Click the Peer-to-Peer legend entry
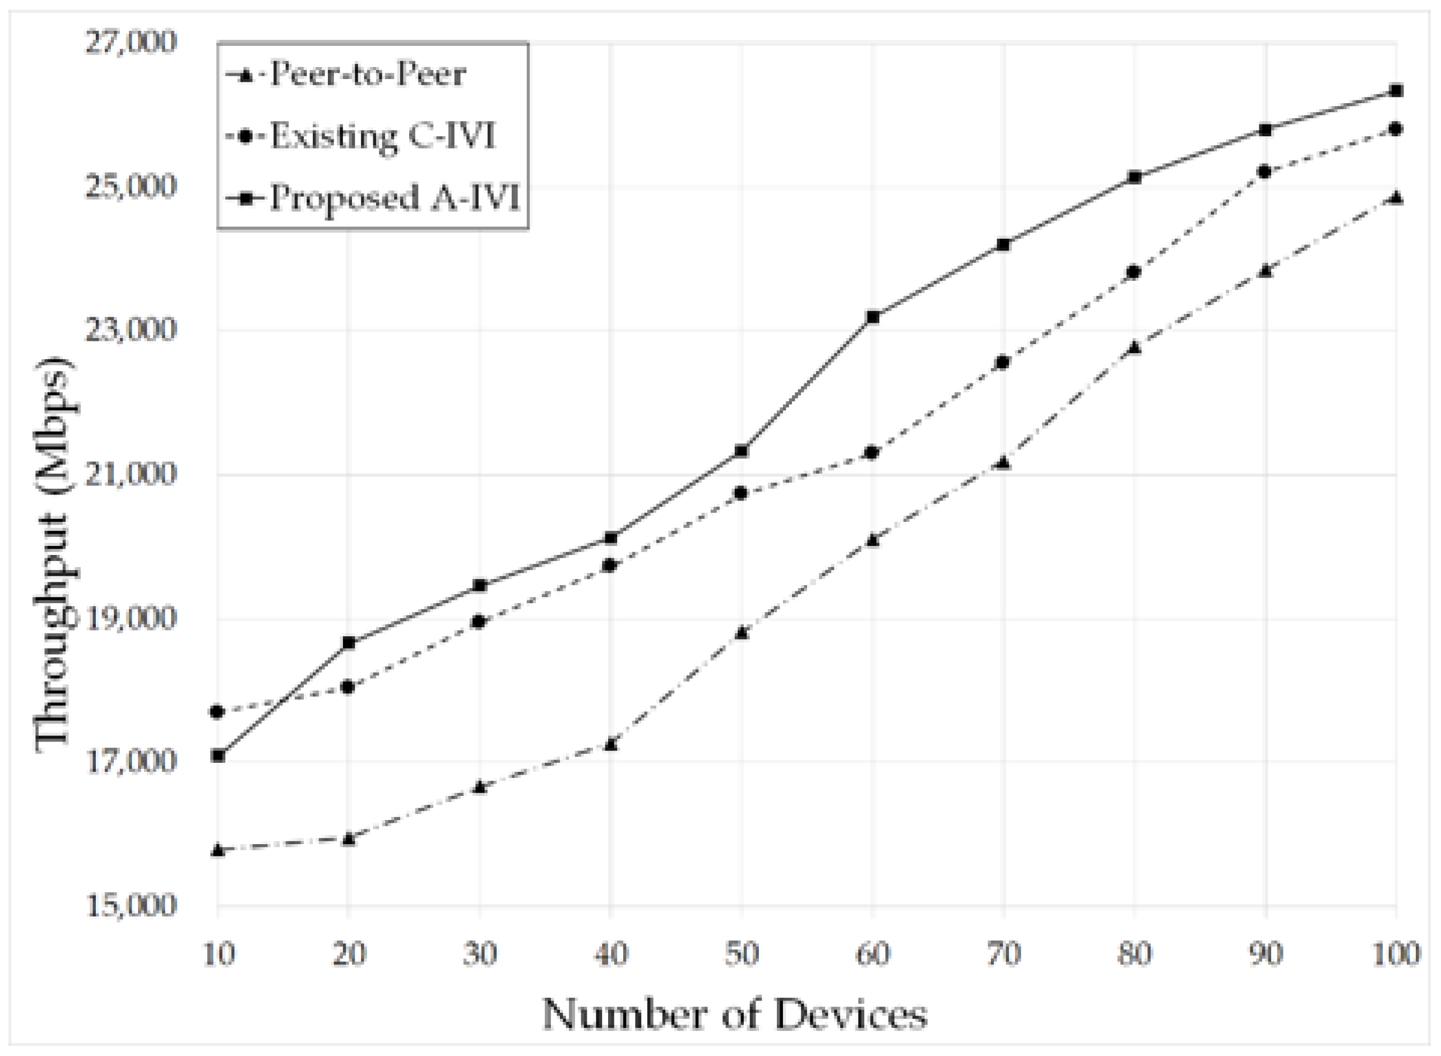368,75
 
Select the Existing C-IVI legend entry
382,136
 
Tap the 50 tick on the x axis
742,954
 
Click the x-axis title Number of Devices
735,1015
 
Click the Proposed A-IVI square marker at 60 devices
873,317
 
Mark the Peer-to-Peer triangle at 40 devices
611,743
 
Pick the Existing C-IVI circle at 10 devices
218,711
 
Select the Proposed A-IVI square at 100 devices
1396,91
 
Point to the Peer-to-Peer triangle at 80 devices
1134,348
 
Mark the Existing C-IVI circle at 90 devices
1264,172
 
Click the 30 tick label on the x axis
480,954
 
